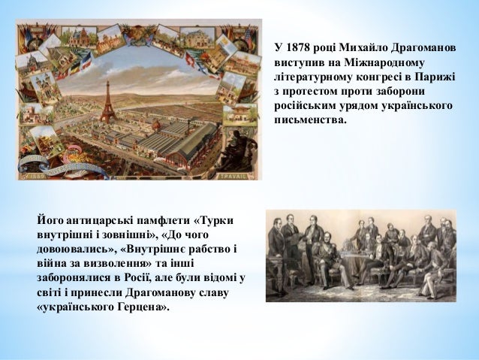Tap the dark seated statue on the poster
pos(239,143)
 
